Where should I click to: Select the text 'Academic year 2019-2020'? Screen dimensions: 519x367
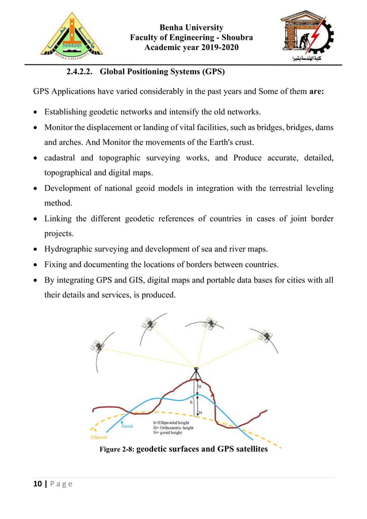point(191,47)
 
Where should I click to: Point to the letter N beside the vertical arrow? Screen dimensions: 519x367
point(200,413)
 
